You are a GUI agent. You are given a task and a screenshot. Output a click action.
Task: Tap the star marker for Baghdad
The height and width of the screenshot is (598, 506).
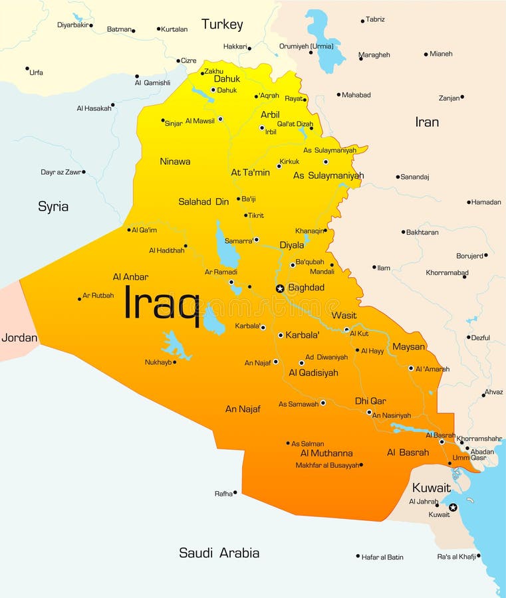(x=280, y=288)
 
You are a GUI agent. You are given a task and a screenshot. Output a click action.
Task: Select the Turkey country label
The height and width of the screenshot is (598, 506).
(x=222, y=25)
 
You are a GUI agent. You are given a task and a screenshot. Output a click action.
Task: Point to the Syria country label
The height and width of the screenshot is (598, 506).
(x=53, y=207)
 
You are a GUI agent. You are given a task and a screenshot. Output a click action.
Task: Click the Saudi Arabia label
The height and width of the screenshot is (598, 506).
(x=219, y=553)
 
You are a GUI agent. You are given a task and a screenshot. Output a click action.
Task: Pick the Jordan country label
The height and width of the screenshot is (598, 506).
(x=19, y=338)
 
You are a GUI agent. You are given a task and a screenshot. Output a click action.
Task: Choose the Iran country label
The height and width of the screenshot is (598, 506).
(x=427, y=122)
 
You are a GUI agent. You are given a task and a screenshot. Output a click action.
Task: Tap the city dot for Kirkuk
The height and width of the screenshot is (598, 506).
(x=279, y=165)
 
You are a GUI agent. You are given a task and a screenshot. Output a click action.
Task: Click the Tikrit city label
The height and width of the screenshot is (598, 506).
(x=256, y=215)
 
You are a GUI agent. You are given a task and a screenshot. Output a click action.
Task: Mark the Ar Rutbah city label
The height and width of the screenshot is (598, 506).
(x=98, y=296)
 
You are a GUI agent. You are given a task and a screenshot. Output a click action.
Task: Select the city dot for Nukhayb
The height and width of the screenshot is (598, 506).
(x=174, y=362)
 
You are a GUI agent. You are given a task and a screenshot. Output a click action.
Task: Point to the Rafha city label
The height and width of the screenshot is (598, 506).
(x=223, y=494)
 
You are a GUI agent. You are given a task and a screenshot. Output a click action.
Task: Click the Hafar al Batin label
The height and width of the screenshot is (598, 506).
(x=382, y=557)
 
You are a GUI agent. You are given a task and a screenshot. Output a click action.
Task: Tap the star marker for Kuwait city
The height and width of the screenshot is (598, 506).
(x=453, y=508)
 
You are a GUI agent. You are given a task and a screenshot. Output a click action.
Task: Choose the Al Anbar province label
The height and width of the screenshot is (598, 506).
(x=130, y=277)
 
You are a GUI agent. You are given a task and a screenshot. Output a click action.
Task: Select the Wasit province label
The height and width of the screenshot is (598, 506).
(x=344, y=316)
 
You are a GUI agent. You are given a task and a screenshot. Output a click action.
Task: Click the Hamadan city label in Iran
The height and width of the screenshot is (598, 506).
(x=486, y=202)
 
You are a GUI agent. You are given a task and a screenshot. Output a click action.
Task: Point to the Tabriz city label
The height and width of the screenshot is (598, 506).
(x=375, y=19)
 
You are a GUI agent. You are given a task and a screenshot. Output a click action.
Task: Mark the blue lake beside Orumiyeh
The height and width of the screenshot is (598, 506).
(x=324, y=40)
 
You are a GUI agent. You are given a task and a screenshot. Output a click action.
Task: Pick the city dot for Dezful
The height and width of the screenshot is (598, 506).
(x=469, y=338)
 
